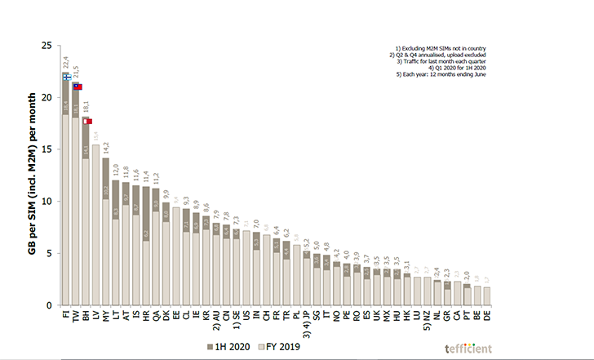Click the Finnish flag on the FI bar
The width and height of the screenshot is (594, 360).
[67, 78]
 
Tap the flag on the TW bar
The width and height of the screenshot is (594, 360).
[78, 87]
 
